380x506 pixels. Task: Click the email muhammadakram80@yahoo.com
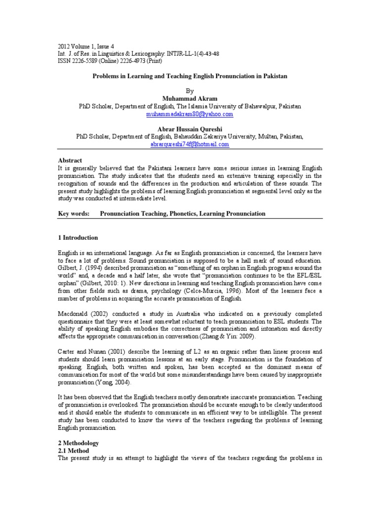click(x=190, y=114)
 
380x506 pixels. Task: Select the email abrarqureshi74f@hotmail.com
click(x=190, y=145)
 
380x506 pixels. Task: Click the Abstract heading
click(x=70, y=161)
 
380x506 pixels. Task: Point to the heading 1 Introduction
click(x=78, y=238)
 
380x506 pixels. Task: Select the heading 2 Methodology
click(x=79, y=443)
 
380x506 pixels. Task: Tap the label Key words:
click(x=74, y=214)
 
